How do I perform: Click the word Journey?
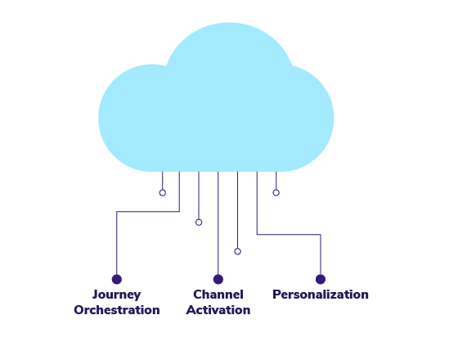click(x=117, y=295)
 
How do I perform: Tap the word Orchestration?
click(x=117, y=310)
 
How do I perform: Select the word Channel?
click(x=218, y=295)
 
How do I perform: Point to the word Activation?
click(x=218, y=310)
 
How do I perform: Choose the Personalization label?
click(x=321, y=295)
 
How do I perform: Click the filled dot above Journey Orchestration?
click(x=117, y=279)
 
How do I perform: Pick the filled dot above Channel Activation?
click(x=218, y=279)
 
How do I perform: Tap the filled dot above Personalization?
click(x=321, y=279)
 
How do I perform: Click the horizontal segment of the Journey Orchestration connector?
click(x=148, y=212)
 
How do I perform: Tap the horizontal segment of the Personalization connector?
click(x=289, y=235)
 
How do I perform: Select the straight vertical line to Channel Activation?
click(x=218, y=223)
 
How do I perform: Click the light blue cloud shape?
click(x=216, y=115)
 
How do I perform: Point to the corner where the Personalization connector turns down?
click(x=321, y=235)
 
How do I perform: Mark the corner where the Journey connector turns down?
click(x=117, y=212)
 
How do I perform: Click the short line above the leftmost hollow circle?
click(x=163, y=181)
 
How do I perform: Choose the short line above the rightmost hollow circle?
click(x=276, y=181)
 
